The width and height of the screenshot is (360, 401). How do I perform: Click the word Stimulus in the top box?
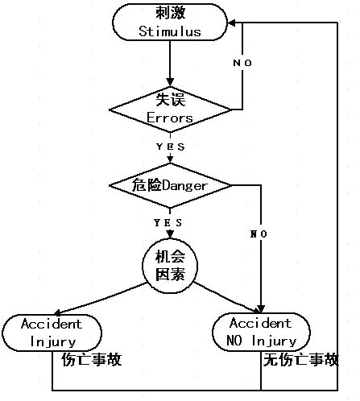click(170, 31)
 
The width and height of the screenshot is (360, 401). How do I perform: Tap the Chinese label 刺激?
click(171, 13)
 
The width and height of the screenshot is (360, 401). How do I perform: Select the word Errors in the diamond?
click(170, 118)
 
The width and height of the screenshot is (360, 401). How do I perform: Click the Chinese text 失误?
click(171, 99)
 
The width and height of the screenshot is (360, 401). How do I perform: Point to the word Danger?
click(185, 186)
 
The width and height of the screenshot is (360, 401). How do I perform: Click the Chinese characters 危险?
click(147, 185)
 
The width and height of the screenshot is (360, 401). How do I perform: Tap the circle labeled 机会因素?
click(170, 266)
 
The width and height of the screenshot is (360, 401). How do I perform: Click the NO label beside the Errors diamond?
click(242, 63)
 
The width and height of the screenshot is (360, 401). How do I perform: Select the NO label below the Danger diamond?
click(259, 234)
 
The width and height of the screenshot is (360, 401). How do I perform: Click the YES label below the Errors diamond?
click(171, 147)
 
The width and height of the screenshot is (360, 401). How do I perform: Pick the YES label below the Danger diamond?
click(168, 222)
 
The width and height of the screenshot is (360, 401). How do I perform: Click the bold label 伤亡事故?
click(92, 360)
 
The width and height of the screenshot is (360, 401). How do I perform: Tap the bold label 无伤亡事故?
click(301, 360)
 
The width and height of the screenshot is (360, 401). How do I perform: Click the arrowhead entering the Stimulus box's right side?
click(232, 23)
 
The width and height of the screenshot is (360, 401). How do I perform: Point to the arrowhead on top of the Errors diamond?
click(170, 82)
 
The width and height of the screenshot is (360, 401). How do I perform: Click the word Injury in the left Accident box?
click(53, 342)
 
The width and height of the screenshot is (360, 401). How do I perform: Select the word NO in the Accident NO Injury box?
click(234, 341)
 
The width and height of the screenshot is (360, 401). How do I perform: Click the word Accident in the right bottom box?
click(260, 323)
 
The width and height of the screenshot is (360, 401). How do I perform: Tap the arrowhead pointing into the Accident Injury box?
click(58, 312)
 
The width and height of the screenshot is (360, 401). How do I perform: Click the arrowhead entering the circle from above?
click(170, 234)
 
